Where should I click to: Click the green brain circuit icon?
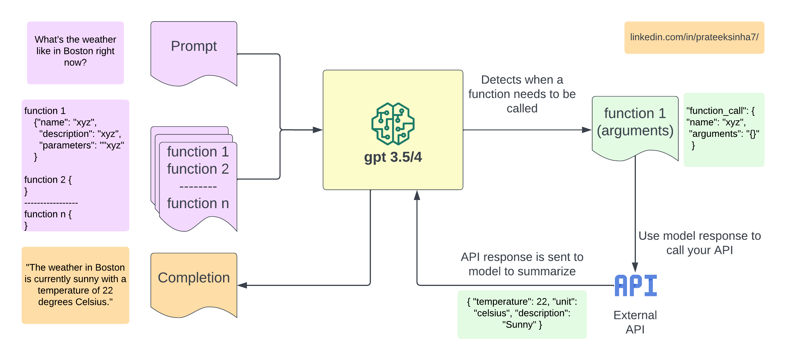(x=393, y=123)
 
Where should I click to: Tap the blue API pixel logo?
(x=636, y=286)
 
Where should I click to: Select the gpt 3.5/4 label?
(x=393, y=157)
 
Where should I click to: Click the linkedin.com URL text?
(x=694, y=37)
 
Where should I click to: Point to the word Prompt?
(x=194, y=46)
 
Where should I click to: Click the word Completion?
(x=194, y=278)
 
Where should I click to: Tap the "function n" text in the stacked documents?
(x=198, y=203)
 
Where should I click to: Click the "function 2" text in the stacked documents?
(x=198, y=169)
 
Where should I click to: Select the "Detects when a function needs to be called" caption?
(x=522, y=94)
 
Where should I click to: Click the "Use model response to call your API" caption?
(x=699, y=243)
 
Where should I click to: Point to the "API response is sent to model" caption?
(x=522, y=264)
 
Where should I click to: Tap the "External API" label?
(x=635, y=322)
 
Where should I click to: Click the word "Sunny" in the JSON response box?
(x=518, y=325)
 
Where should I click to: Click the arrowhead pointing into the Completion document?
(x=242, y=286)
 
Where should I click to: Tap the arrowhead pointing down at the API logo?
(x=635, y=268)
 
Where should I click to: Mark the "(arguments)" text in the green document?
(x=635, y=131)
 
